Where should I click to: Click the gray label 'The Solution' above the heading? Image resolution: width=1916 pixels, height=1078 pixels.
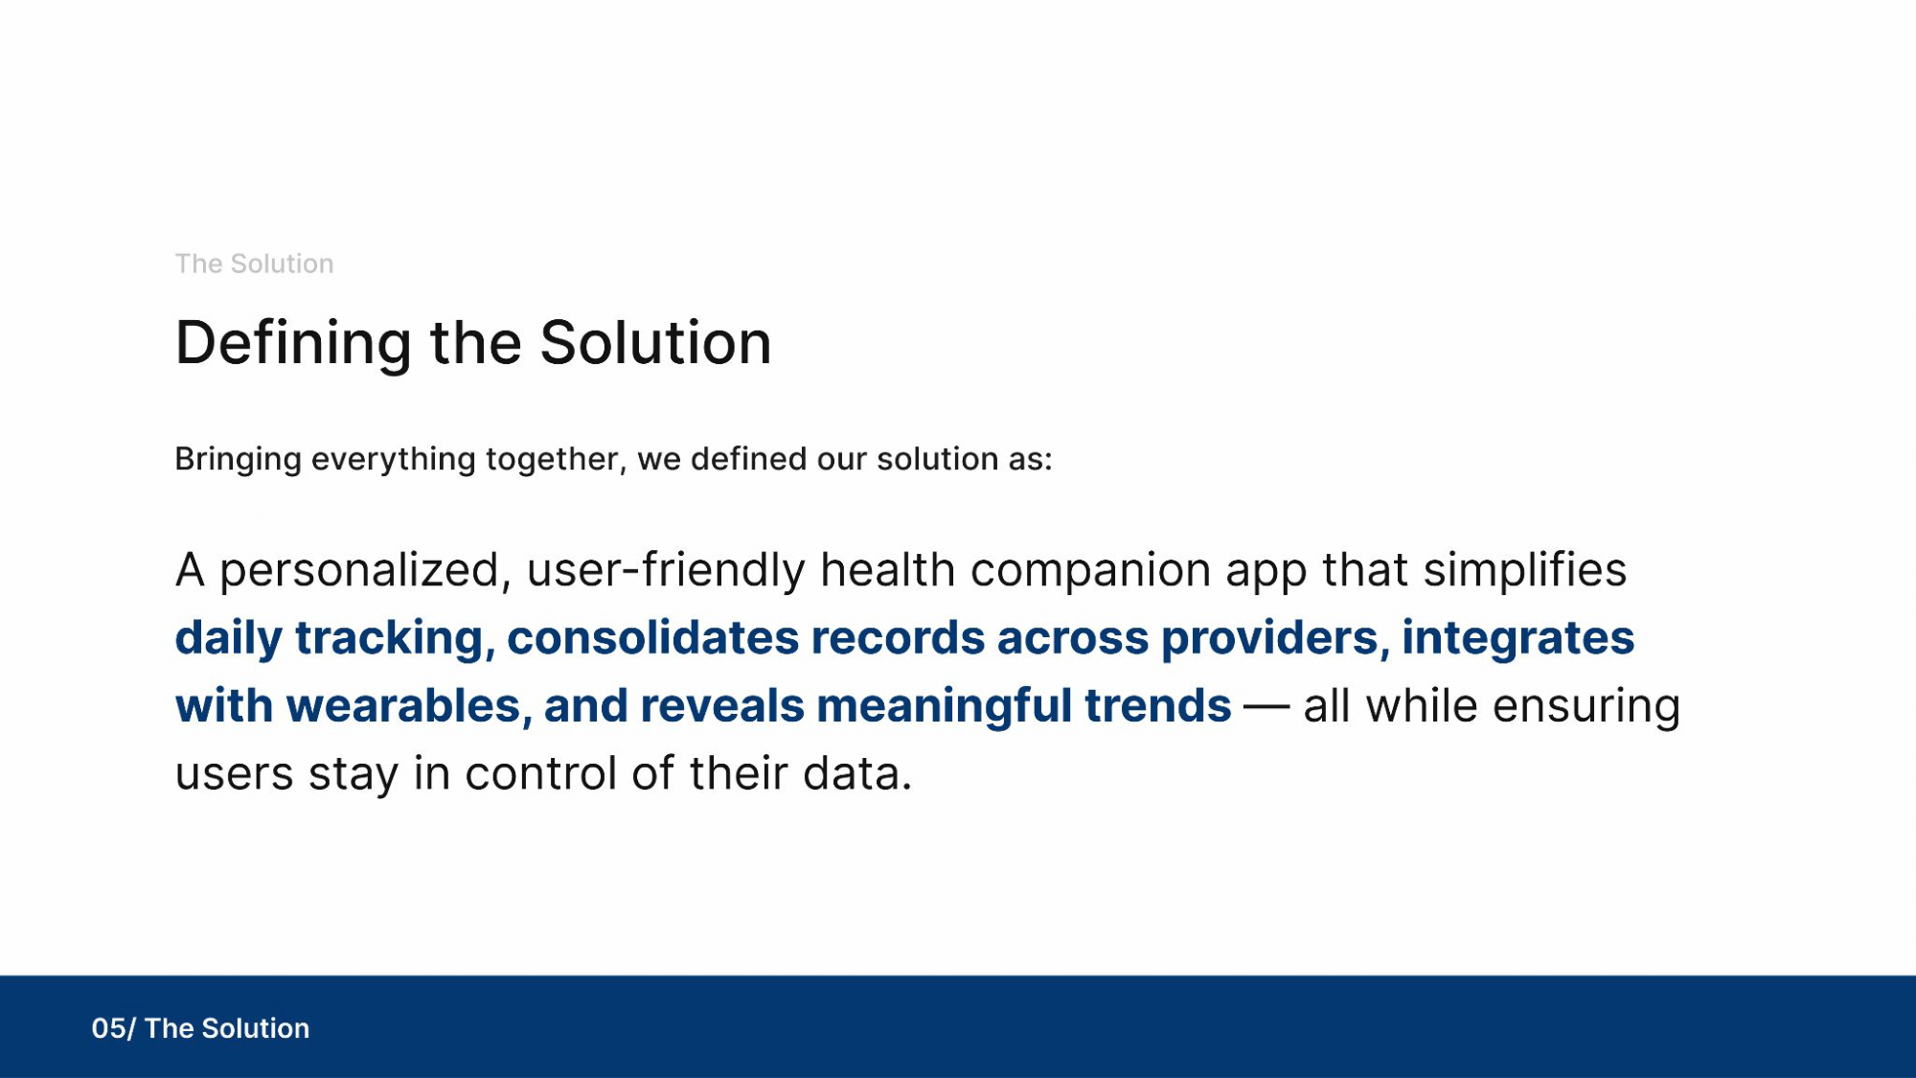(x=254, y=264)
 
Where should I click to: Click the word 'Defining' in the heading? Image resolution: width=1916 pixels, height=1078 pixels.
(x=294, y=344)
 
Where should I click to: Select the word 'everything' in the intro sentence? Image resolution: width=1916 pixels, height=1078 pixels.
(x=394, y=460)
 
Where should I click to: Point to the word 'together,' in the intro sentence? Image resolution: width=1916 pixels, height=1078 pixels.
(x=557, y=460)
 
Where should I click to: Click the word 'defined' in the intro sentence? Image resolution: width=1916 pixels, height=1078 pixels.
(x=749, y=458)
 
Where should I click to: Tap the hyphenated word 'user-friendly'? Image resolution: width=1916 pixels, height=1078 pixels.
(x=667, y=571)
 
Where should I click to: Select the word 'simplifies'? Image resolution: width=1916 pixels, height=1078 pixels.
(x=1525, y=569)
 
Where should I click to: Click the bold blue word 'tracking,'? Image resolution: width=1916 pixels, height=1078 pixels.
(x=395, y=638)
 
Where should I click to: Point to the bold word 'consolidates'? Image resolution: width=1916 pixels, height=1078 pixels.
(x=653, y=637)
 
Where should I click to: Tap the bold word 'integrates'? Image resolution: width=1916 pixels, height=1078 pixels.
(x=1518, y=638)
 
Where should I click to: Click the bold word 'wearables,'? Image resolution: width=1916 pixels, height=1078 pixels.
(x=409, y=706)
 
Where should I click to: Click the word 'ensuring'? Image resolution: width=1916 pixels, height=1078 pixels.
(x=1586, y=706)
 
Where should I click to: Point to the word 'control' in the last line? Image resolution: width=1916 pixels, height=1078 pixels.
(x=541, y=773)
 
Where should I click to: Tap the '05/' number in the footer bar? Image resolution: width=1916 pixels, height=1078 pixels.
(x=114, y=1028)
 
